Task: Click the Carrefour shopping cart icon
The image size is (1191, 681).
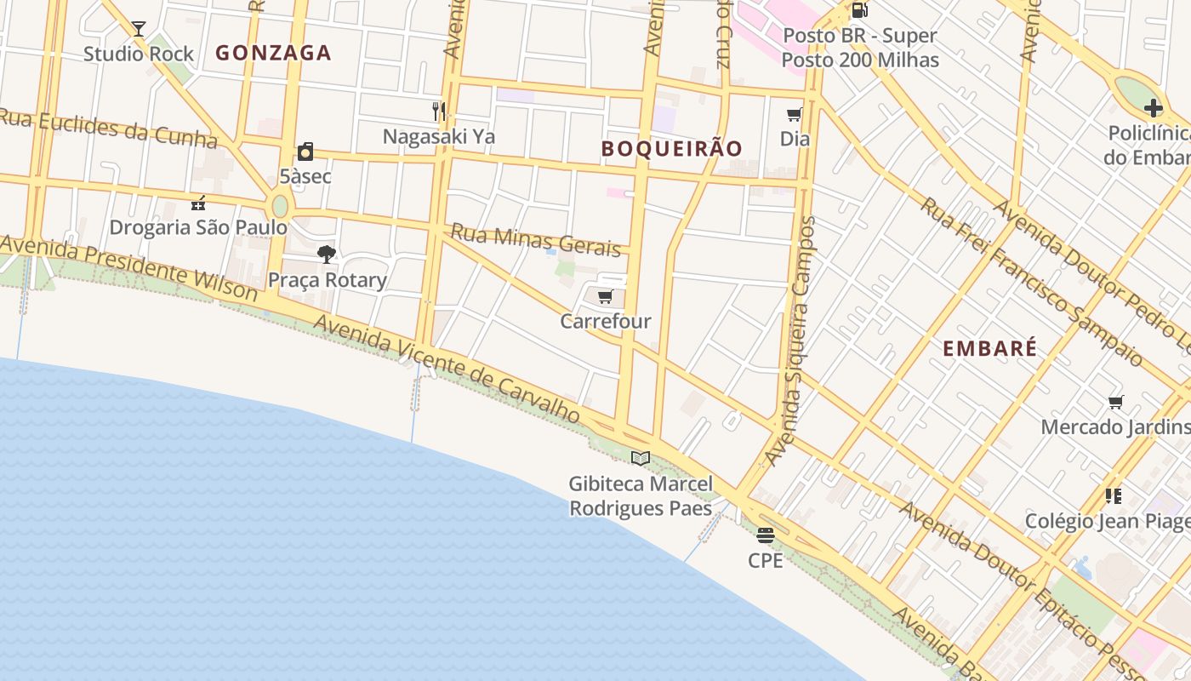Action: [605, 297]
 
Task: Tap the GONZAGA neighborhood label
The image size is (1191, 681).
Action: [273, 53]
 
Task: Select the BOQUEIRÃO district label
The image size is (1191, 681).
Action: [672, 148]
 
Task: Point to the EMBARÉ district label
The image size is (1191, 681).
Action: [990, 348]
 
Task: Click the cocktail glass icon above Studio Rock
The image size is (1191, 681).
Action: [139, 29]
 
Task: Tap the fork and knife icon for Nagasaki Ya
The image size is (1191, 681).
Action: [439, 111]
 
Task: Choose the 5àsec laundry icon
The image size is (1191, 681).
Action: [305, 152]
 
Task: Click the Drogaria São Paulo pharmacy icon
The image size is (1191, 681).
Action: [198, 203]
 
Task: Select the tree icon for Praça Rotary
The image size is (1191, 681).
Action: [327, 254]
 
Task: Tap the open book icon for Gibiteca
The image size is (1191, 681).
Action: [641, 459]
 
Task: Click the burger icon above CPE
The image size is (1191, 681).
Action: [765, 535]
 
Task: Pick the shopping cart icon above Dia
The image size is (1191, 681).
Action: [795, 114]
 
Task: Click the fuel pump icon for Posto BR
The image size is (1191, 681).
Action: [859, 11]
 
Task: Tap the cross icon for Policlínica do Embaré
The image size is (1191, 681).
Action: [1153, 108]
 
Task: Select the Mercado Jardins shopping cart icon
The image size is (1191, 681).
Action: [1115, 402]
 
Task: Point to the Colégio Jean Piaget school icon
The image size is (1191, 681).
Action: [1113, 495]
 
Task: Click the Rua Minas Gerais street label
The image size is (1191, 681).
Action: [536, 240]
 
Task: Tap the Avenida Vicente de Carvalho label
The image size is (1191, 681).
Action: [447, 369]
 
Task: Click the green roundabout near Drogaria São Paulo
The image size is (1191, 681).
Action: [280, 207]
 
